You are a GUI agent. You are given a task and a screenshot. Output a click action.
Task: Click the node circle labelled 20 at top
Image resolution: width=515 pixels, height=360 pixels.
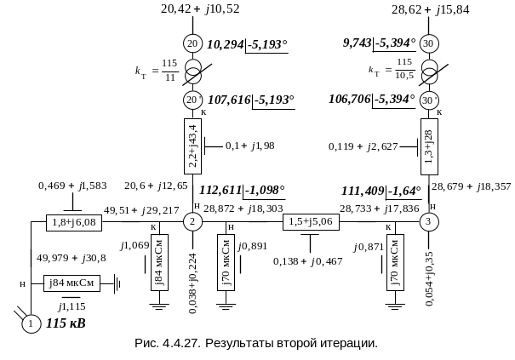[192, 43]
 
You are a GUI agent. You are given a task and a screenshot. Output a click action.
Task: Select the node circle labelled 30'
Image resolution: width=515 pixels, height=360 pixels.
[429, 100]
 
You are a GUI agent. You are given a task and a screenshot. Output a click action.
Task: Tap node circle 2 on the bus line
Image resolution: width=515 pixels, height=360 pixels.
[192, 221]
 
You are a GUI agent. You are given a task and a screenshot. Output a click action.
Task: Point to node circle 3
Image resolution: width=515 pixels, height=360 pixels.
[429, 221]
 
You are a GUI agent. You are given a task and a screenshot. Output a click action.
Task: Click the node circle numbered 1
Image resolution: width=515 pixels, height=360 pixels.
[31, 323]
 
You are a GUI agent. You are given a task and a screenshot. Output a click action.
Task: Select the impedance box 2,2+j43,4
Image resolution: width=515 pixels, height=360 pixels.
[192, 146]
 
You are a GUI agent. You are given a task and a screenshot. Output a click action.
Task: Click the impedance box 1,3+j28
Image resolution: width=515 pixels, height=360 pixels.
[429, 146]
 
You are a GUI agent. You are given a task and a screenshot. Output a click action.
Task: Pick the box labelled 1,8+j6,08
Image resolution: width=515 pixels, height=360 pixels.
[74, 223]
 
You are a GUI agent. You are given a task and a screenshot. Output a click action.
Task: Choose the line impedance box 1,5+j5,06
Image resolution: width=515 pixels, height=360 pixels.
[312, 221]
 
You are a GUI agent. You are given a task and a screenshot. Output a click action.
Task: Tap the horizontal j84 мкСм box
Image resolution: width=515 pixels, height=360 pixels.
[72, 283]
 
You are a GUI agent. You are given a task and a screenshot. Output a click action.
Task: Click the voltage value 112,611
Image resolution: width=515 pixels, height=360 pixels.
[220, 191]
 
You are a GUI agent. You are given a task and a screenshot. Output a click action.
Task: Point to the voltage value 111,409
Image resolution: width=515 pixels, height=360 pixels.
[363, 191]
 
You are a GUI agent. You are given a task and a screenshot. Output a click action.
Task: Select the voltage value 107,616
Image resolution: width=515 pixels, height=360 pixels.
[229, 100]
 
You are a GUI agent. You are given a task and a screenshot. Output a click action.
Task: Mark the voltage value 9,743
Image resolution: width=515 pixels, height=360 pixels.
[358, 42]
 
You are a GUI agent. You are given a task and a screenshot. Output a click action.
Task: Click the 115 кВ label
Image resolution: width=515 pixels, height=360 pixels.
[66, 323]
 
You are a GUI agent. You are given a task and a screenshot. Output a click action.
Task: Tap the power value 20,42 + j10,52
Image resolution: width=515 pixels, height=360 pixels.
[200, 9]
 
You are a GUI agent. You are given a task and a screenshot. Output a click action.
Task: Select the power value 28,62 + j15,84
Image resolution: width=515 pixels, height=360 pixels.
[430, 9]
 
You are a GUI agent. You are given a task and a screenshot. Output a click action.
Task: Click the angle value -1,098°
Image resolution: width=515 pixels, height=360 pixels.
[265, 191]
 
